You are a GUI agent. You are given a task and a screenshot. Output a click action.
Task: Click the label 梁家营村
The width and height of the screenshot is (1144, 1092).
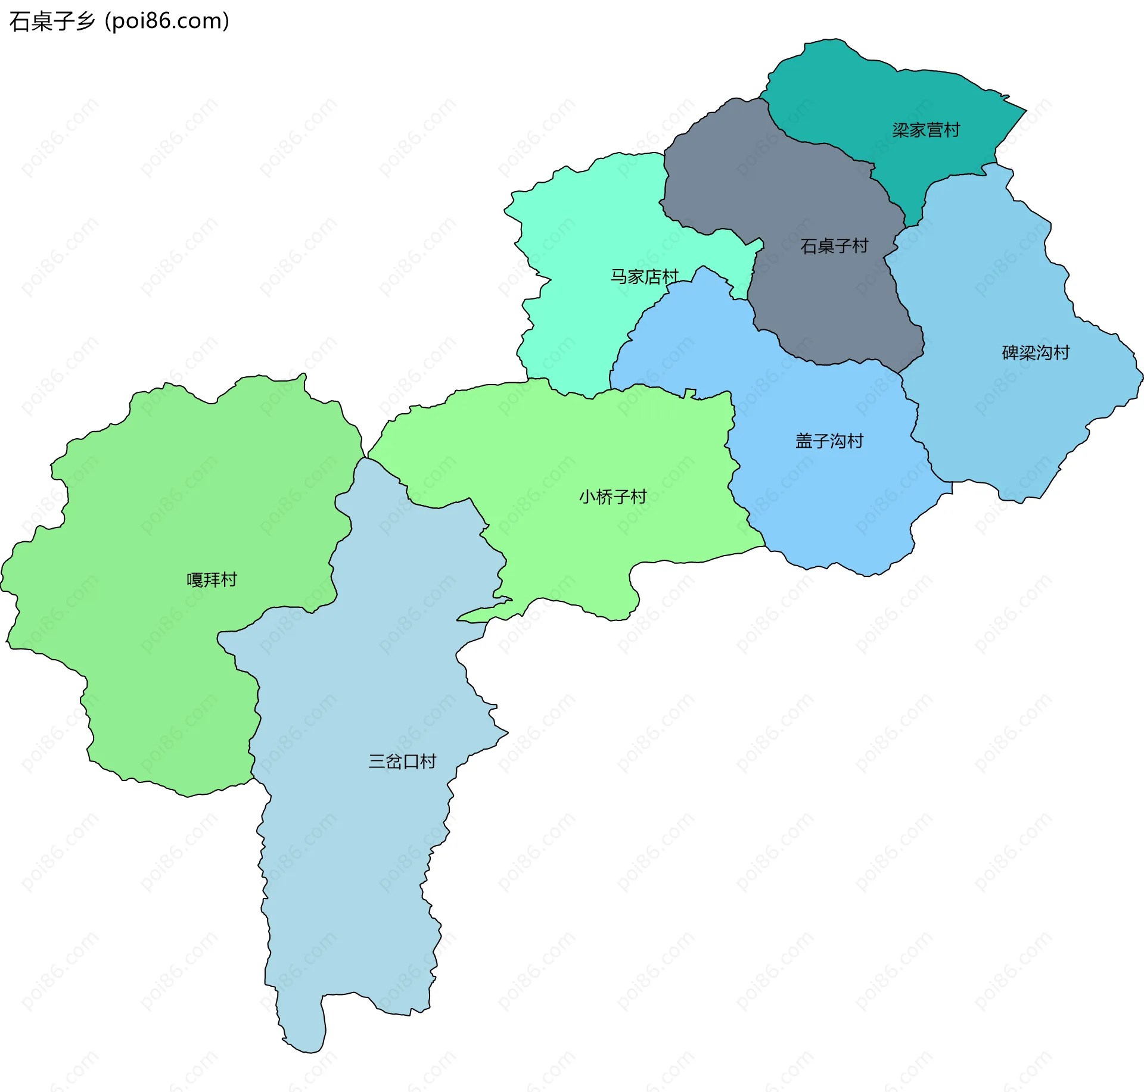pos(926,130)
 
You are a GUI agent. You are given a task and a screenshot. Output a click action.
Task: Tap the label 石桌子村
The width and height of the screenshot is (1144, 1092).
pos(834,246)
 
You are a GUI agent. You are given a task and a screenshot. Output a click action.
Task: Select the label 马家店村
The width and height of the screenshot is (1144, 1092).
pos(644,276)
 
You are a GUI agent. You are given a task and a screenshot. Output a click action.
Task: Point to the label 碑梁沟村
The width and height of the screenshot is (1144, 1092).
pos(1036,352)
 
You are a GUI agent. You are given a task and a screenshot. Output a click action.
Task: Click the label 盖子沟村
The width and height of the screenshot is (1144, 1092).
pos(829,441)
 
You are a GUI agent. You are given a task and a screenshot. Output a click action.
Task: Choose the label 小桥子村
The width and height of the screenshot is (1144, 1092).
pos(613,497)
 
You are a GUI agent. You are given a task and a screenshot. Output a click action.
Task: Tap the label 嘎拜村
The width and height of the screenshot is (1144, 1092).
pos(212,579)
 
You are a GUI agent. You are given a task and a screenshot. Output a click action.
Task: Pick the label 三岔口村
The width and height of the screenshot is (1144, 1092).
pos(402,761)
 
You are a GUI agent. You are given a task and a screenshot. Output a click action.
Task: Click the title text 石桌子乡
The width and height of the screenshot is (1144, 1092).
pos(52,21)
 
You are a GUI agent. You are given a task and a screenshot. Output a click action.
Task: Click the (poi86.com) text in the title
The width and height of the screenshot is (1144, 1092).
pos(167,21)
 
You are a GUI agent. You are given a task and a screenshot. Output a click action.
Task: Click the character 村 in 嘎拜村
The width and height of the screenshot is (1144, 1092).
pos(229,579)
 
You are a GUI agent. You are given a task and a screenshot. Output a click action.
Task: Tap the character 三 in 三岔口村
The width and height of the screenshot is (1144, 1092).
pos(377,761)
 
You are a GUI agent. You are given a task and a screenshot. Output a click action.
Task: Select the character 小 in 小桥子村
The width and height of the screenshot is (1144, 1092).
pos(587,497)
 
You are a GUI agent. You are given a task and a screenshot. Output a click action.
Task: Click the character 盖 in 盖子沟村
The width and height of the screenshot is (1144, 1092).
pos(804,441)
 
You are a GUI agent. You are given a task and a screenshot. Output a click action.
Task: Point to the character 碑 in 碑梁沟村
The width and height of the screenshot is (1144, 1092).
pos(1010,352)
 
